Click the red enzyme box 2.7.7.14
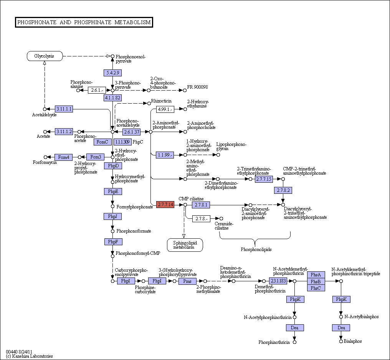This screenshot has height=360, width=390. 165,205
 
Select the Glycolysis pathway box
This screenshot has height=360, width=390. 45,56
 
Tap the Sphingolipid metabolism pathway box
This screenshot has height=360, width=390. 185,245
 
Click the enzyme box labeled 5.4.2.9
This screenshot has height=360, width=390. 113,73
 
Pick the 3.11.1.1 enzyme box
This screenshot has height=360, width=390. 64,109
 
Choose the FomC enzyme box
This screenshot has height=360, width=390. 102,142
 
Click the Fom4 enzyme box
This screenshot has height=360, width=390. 63,157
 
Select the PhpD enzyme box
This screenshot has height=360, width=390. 113,166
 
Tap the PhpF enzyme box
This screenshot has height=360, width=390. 113,242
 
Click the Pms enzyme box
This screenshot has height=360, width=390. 187,281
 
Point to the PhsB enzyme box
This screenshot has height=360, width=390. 316,281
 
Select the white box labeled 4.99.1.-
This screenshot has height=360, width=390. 165,109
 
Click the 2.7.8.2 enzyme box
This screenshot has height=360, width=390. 283,190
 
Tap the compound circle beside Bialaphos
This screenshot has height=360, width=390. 341,341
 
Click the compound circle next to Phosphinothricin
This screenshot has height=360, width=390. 294,342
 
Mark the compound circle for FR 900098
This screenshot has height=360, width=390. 185,90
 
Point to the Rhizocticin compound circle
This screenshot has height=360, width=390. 149,103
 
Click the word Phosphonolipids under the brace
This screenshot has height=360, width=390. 256,249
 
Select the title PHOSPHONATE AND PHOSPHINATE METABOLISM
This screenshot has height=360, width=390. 84,22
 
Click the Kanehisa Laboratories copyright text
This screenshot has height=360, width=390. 29,356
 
